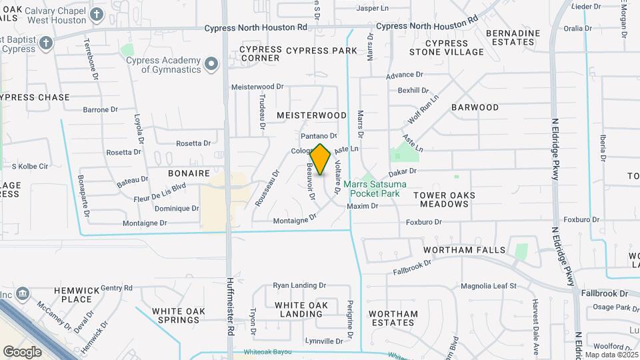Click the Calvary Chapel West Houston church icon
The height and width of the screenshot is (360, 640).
(x=97, y=14)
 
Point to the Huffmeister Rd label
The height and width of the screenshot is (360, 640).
(x=230, y=306)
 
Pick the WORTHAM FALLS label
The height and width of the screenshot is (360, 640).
(x=465, y=250)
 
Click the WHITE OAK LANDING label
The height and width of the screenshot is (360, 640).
(x=301, y=309)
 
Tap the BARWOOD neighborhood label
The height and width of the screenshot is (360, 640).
(x=475, y=107)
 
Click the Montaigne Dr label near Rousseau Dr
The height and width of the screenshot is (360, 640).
(x=294, y=219)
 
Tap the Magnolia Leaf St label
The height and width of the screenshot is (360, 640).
(x=489, y=287)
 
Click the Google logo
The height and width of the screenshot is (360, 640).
(x=22, y=351)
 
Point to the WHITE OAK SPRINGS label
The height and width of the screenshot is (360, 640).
(x=175, y=315)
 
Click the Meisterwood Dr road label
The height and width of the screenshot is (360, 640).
(x=257, y=87)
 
